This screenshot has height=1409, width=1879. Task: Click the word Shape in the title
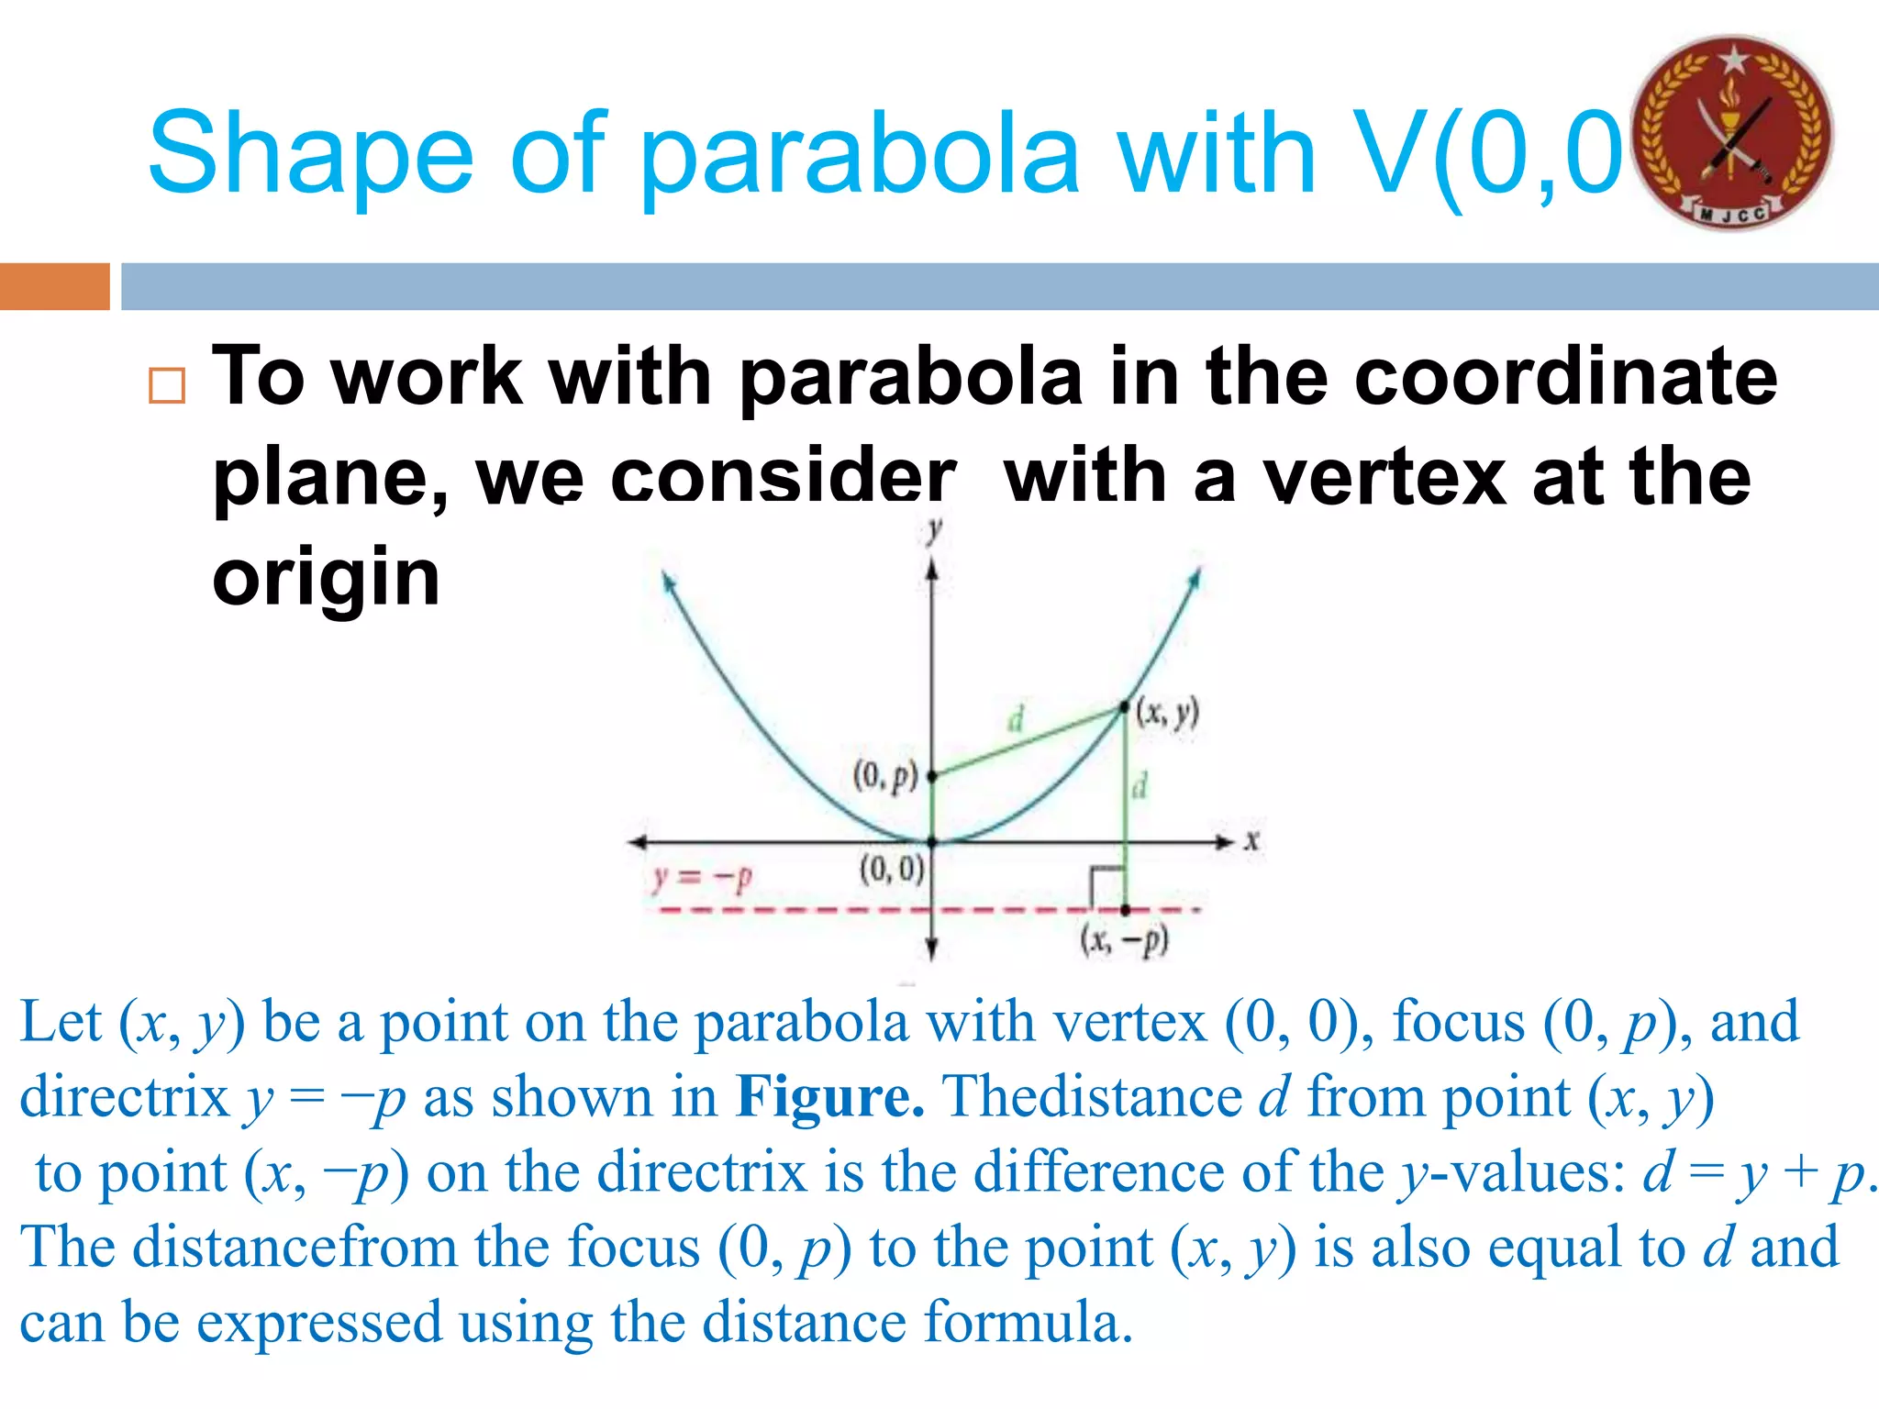310,153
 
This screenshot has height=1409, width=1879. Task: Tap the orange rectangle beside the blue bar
54,286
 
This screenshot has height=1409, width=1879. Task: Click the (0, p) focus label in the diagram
884,775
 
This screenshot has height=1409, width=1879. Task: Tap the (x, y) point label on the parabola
1167,713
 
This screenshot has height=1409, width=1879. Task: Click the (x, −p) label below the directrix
1124,940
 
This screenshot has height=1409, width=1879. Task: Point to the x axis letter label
1251,840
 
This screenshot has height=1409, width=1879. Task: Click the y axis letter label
934,529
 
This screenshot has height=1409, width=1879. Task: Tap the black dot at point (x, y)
1125,707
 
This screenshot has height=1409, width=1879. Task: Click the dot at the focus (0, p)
932,776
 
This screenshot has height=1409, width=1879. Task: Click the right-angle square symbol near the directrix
1106,886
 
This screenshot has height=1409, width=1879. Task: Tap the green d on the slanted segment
1015,719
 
